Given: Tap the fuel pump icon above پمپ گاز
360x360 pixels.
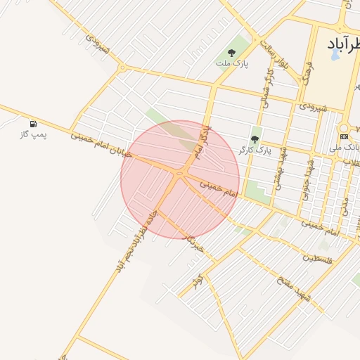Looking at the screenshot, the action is [x=33, y=124].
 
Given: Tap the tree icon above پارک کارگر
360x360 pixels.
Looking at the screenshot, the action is [x=255, y=139].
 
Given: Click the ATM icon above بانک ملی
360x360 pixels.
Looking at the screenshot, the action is [x=344, y=136].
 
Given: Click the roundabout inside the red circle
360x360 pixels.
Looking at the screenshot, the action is [x=180, y=173].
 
